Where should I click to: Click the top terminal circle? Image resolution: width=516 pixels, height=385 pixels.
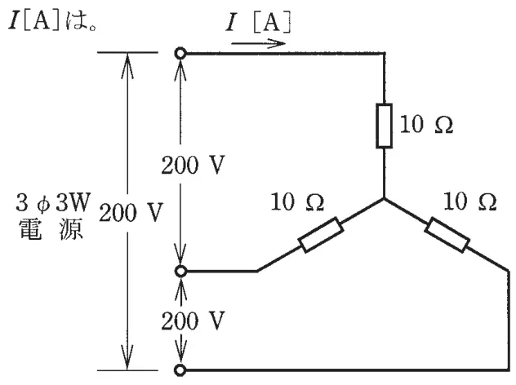(180, 53)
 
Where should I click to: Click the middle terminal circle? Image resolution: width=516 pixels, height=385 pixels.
(180, 272)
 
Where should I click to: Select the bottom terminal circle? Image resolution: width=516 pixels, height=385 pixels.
(180, 370)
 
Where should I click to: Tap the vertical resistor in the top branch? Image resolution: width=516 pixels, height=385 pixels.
(384, 126)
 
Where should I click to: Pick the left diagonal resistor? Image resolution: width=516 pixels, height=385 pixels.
(321, 235)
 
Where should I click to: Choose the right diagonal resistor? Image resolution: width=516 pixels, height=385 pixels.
(447, 235)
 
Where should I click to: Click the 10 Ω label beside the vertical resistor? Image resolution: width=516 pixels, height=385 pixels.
(426, 124)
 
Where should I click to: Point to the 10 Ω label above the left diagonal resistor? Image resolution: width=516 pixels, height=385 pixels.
(297, 201)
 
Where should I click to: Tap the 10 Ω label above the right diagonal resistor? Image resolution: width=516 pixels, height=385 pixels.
(470, 201)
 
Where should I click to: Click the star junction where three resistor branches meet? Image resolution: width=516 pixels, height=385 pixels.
(384, 198)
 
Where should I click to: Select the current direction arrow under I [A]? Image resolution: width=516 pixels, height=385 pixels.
(258, 43)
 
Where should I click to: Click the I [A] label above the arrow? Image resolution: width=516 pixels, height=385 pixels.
(258, 22)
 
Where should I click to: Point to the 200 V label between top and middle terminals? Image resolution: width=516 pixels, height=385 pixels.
(193, 165)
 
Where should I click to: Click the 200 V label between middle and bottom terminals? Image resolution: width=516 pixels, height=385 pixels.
(193, 321)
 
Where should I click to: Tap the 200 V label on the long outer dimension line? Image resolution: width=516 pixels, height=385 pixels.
(131, 212)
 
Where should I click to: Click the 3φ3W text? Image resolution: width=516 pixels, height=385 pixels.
(52, 201)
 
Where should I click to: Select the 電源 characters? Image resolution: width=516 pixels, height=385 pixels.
(51, 229)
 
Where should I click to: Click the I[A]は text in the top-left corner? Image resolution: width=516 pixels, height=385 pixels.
(52, 21)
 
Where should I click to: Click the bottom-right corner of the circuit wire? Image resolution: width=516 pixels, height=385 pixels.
(509, 370)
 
